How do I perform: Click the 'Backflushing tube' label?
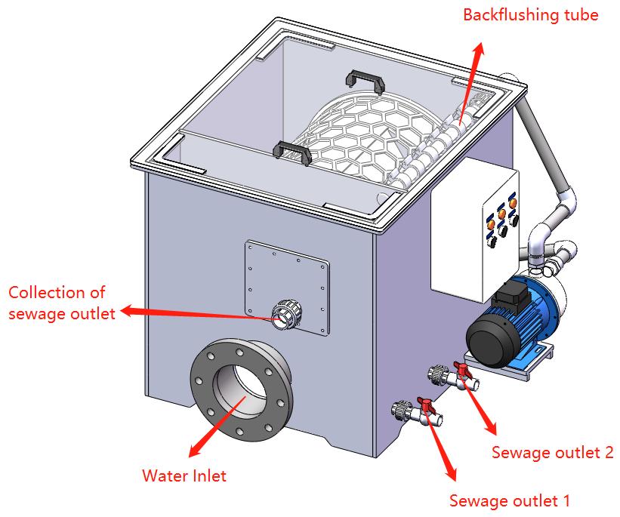pos(530,14)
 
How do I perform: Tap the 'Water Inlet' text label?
pos(184,475)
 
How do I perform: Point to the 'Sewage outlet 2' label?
pos(552,452)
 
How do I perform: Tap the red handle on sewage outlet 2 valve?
pos(461,370)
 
